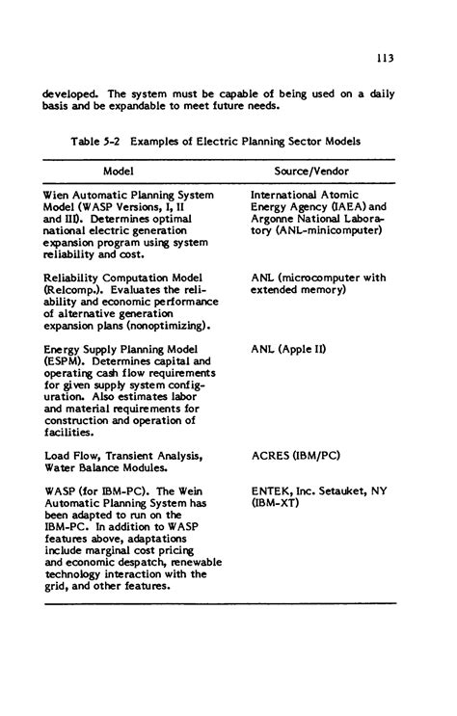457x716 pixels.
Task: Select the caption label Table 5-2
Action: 96,141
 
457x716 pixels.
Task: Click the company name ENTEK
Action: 272,491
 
